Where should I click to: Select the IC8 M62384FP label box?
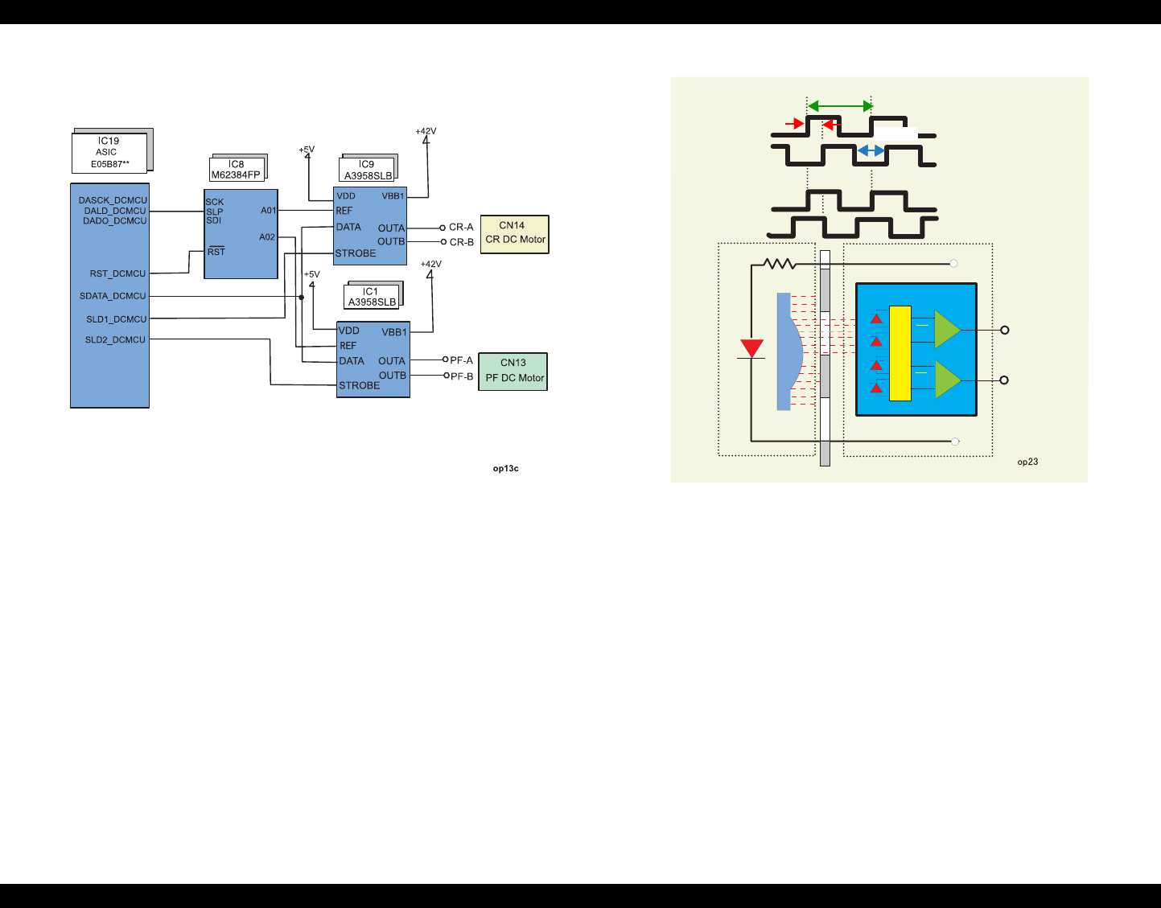point(236,170)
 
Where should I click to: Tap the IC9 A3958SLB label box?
point(368,170)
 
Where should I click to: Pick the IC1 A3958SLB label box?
point(372,297)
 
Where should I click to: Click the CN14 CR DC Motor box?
point(515,234)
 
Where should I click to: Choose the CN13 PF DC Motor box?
point(513,372)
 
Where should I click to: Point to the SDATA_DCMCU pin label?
point(113,296)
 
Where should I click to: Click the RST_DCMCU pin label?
point(117,273)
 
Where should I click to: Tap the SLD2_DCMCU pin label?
point(115,340)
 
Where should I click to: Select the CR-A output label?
point(461,228)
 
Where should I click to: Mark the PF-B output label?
point(462,376)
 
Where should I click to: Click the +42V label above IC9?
point(426,131)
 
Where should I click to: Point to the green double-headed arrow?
point(840,106)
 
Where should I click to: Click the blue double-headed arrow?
point(871,151)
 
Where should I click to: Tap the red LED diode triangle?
point(751,348)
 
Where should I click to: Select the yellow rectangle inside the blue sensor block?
point(900,353)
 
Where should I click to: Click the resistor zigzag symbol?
point(779,263)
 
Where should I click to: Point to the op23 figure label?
point(1027,462)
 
